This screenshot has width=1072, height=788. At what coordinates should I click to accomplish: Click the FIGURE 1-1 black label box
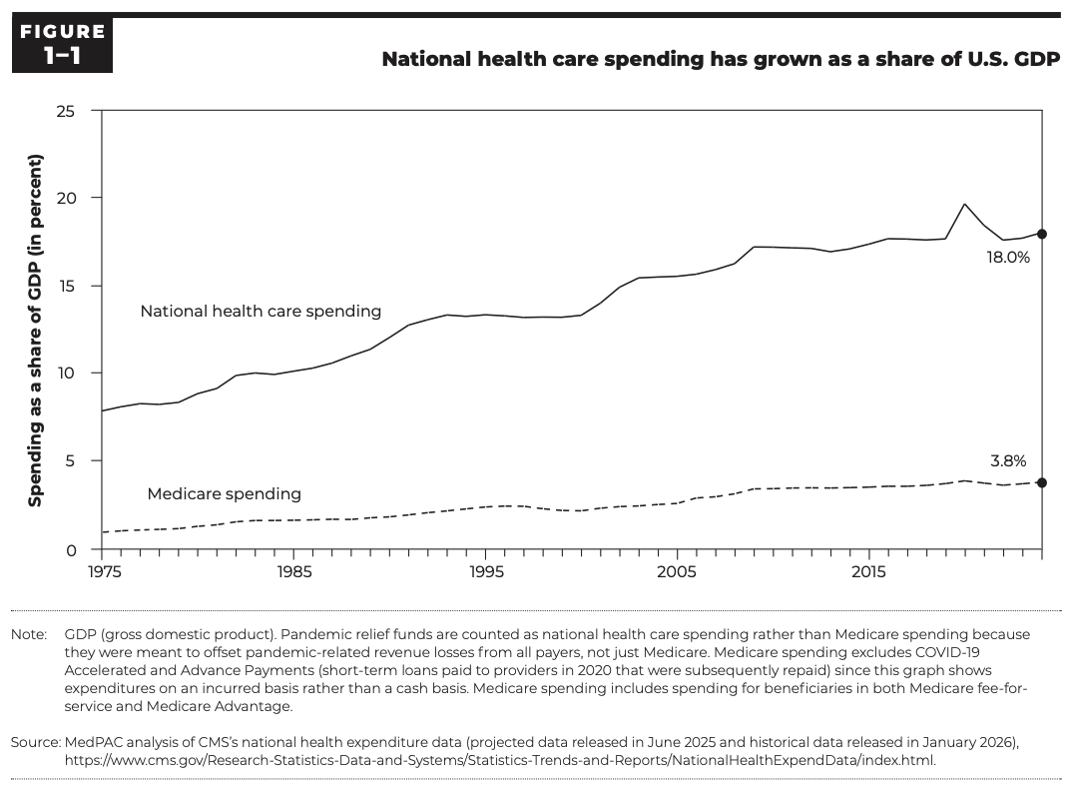click(62, 46)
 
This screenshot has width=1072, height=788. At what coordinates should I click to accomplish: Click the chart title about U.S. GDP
click(721, 59)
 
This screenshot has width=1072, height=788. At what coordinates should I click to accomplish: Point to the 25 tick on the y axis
click(65, 110)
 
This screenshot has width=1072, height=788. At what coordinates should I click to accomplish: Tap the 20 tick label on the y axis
click(65, 198)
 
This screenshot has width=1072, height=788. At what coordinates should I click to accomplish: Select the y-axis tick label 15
click(66, 286)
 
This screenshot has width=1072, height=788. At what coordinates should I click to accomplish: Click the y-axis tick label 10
click(66, 374)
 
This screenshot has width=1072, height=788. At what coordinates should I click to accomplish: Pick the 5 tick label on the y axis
click(70, 461)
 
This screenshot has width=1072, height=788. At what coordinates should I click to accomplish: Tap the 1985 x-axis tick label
click(293, 573)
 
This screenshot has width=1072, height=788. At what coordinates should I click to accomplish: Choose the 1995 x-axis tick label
click(485, 573)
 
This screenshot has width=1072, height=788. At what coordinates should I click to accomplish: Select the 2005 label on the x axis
click(677, 573)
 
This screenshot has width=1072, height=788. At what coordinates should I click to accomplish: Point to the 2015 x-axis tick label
click(868, 573)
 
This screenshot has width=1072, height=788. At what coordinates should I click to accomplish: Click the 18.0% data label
click(1008, 257)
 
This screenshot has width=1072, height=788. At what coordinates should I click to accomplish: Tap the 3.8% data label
click(1009, 461)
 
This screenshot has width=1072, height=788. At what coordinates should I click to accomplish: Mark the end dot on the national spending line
click(1041, 234)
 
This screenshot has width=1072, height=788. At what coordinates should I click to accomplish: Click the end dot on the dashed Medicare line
click(1041, 482)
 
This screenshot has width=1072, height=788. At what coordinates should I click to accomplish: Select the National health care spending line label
click(261, 312)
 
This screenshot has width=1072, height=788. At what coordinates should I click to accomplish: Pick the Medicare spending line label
click(224, 493)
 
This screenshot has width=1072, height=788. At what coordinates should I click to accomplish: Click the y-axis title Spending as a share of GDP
click(35, 331)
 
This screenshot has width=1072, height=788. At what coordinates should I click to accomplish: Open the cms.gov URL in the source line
click(499, 759)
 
